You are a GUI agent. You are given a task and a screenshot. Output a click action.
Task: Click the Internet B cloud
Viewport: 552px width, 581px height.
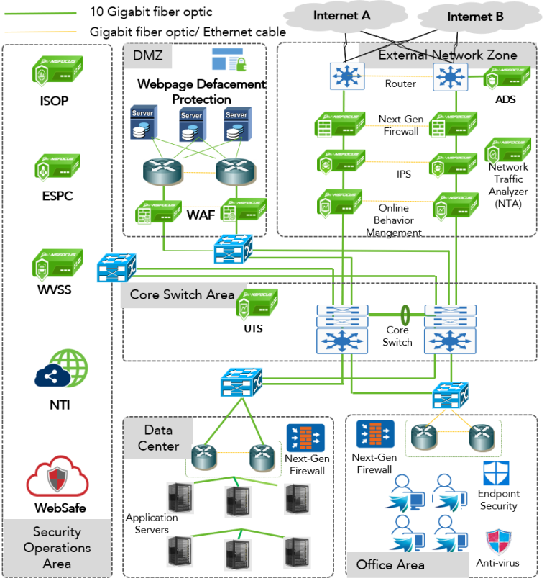[x=475, y=17]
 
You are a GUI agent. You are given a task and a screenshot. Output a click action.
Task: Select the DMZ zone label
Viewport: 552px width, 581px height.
[x=148, y=55]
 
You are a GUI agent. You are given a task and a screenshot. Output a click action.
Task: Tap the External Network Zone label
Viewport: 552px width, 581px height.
[x=447, y=55]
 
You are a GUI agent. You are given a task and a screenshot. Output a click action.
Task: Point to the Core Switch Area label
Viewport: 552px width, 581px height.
[x=182, y=294]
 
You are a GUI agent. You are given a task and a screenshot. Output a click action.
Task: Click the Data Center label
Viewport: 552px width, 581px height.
[x=158, y=438]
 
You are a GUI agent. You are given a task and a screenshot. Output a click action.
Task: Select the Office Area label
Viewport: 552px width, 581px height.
[x=390, y=564]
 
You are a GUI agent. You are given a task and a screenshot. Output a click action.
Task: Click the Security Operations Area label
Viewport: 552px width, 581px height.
[x=57, y=547]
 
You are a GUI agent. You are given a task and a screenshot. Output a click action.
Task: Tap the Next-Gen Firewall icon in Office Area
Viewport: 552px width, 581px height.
[x=375, y=436]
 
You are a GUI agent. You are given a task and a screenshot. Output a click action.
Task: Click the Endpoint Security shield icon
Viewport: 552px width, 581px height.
[x=497, y=474]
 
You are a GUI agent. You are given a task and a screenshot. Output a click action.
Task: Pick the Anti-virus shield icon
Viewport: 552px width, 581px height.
[x=497, y=541]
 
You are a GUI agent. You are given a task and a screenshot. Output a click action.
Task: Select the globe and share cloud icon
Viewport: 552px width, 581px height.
[x=61, y=369]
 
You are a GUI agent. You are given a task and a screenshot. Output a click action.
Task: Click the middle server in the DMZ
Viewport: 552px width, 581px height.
[x=191, y=125]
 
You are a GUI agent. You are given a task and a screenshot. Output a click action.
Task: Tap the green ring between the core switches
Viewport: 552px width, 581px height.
[x=405, y=315]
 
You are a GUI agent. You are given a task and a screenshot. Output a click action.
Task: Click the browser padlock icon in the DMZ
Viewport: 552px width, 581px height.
[x=230, y=60]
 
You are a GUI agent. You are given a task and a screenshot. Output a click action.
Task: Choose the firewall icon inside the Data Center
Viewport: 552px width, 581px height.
[x=305, y=438]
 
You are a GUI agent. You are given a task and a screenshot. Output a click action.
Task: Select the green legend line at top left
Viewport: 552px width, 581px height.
[x=40, y=14]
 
